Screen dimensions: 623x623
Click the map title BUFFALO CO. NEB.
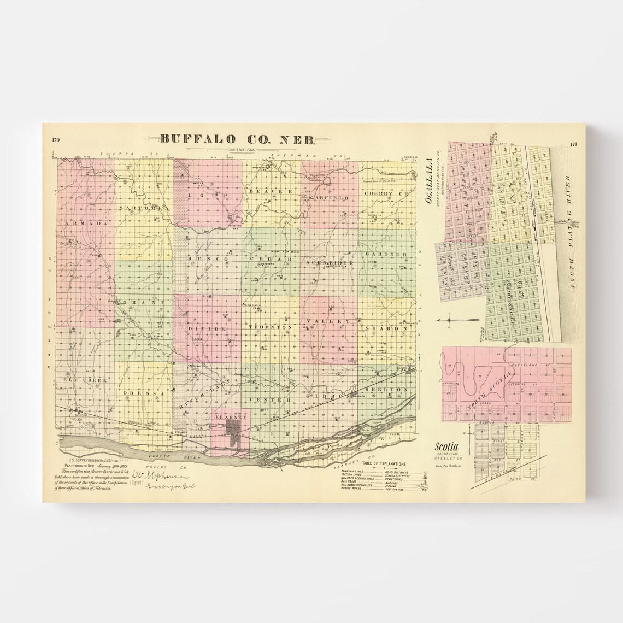(238, 140)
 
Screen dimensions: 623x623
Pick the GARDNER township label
(389, 255)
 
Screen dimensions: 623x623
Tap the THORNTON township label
(267, 327)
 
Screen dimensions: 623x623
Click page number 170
(56, 140)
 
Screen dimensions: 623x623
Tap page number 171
(573, 145)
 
